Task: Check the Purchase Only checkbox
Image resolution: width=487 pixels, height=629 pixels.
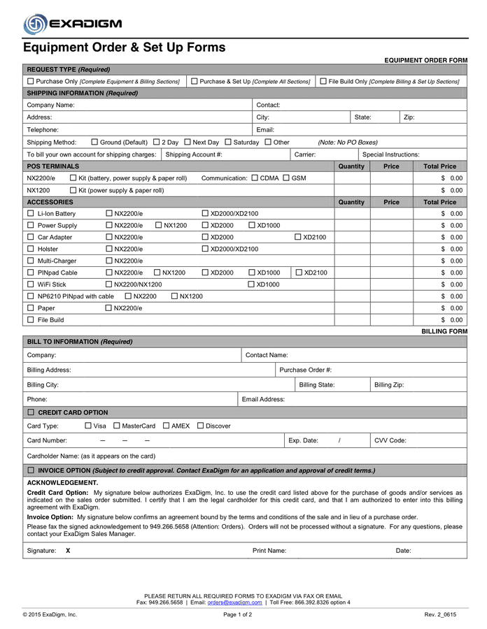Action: (30, 81)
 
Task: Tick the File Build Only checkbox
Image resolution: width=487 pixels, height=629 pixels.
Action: (323, 81)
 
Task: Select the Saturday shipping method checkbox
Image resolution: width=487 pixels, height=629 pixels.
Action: (227, 142)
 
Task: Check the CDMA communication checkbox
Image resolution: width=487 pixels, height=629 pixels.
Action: (254, 178)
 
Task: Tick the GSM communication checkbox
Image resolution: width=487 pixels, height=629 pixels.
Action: (286, 178)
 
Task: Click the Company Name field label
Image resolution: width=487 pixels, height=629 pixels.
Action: (50, 105)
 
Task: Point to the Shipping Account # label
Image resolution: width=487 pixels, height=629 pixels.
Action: (194, 154)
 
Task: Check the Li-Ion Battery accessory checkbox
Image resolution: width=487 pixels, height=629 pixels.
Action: (30, 213)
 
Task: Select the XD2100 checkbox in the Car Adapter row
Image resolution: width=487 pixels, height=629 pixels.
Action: (298, 237)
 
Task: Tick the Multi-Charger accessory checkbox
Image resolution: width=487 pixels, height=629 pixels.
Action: (30, 261)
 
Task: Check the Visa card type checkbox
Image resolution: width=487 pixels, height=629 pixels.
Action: (88, 425)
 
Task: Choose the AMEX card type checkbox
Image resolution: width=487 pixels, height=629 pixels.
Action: (166, 425)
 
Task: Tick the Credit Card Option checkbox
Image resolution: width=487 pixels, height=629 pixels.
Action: (30, 412)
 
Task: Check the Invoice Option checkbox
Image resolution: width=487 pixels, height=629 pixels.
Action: (30, 470)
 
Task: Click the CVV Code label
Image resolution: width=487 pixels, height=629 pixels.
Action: (390, 440)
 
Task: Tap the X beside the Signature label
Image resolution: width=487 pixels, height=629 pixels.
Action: (68, 551)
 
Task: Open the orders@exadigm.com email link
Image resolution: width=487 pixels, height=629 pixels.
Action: (234, 602)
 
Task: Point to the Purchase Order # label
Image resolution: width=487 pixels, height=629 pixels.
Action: (305, 370)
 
